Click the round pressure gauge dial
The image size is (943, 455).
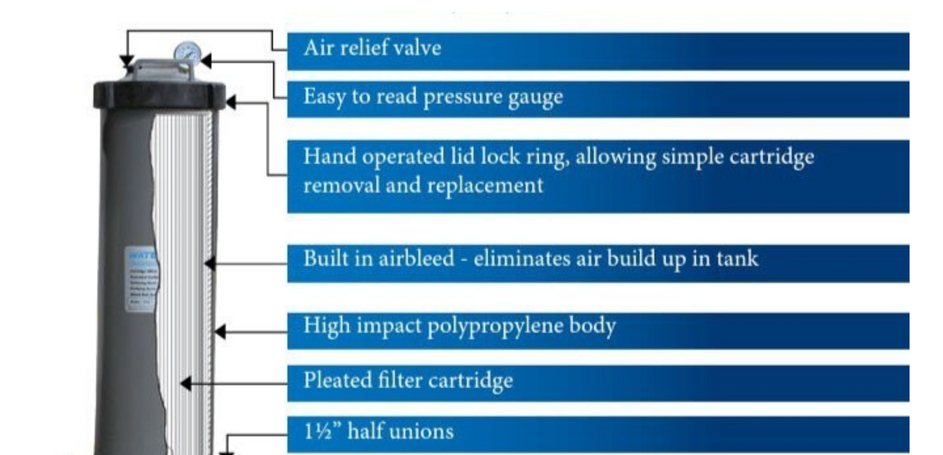tap(187, 52)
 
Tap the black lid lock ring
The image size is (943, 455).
tap(159, 95)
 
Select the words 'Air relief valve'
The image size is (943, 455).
tap(372, 48)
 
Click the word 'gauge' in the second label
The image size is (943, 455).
tap(533, 98)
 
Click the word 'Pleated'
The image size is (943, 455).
tap(336, 380)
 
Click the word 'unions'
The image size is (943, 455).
tap(421, 431)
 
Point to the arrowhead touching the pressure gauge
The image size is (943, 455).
tap(206, 61)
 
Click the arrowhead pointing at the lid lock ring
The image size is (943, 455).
tap(230, 102)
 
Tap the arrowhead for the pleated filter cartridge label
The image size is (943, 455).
tap(185, 383)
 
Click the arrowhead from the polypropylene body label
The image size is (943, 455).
tap(220, 331)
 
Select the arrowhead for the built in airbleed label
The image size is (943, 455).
tap(209, 263)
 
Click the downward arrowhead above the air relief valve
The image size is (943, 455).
tap(126, 62)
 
